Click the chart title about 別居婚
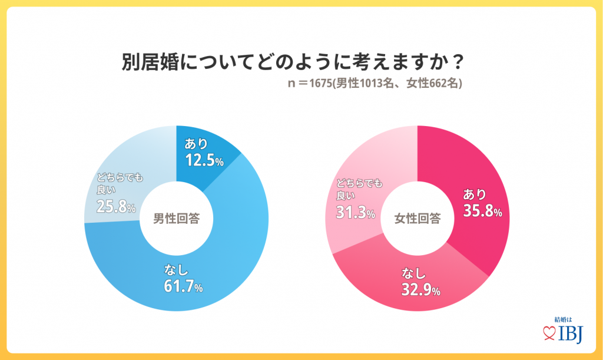click(292, 62)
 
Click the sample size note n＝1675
click(375, 83)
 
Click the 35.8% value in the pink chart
click(482, 211)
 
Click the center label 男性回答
click(176, 219)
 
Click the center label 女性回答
click(417, 219)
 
